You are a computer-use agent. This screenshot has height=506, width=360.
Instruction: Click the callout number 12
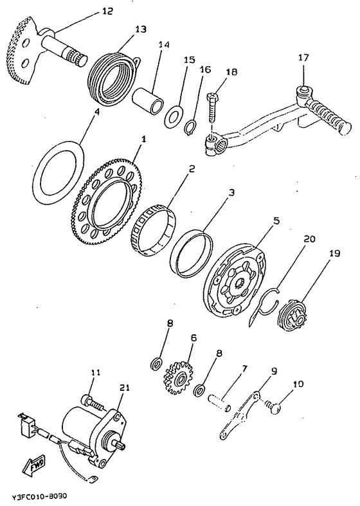(107, 12)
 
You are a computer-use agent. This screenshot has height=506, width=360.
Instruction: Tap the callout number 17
(303, 58)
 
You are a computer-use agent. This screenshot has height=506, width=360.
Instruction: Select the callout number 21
(125, 387)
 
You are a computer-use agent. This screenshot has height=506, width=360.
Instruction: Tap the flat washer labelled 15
(173, 115)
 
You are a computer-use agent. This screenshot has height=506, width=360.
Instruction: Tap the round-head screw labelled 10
(274, 408)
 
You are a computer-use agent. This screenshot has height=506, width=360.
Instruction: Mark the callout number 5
(276, 221)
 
